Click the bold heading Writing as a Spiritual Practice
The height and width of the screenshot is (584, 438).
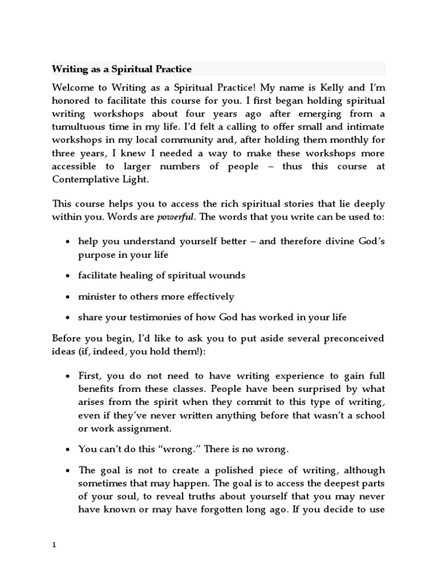pyautogui.click(x=121, y=69)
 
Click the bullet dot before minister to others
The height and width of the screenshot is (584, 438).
pyautogui.click(x=68, y=297)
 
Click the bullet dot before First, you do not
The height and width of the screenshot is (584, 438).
pyautogui.click(x=68, y=377)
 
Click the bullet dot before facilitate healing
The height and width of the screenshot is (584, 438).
pyautogui.click(x=68, y=275)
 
